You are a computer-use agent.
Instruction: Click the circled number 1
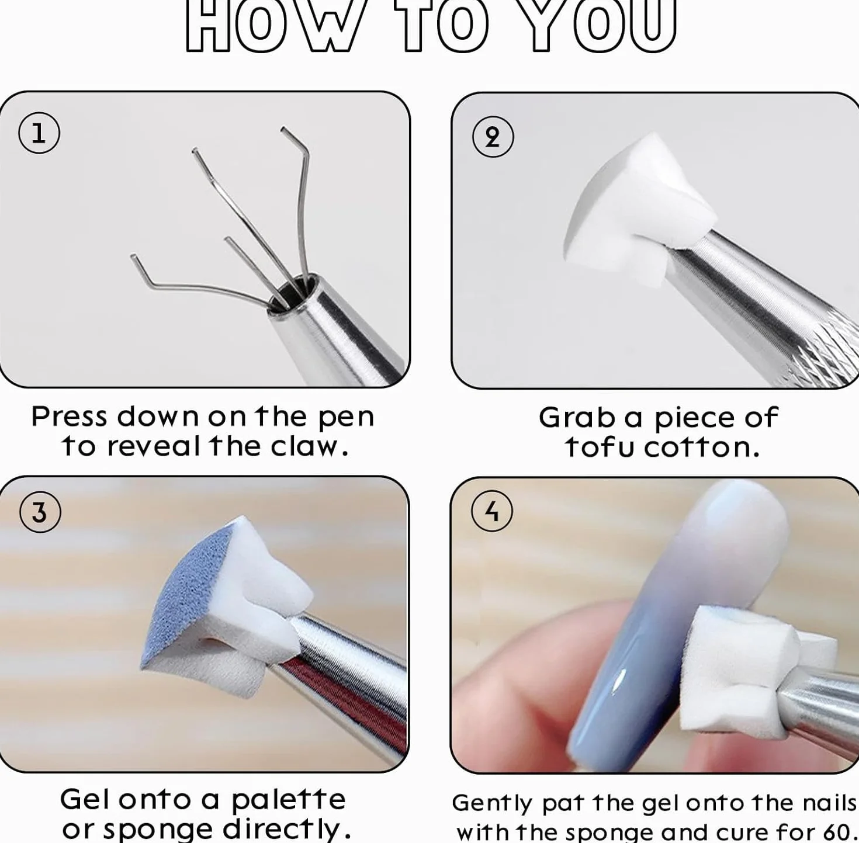(x=39, y=133)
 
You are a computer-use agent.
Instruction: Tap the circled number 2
(x=493, y=137)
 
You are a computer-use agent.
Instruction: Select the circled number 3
(x=40, y=512)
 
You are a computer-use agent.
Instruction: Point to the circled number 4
(x=491, y=511)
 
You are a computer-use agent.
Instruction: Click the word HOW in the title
(x=272, y=26)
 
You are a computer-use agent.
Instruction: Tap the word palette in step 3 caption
(x=289, y=799)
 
